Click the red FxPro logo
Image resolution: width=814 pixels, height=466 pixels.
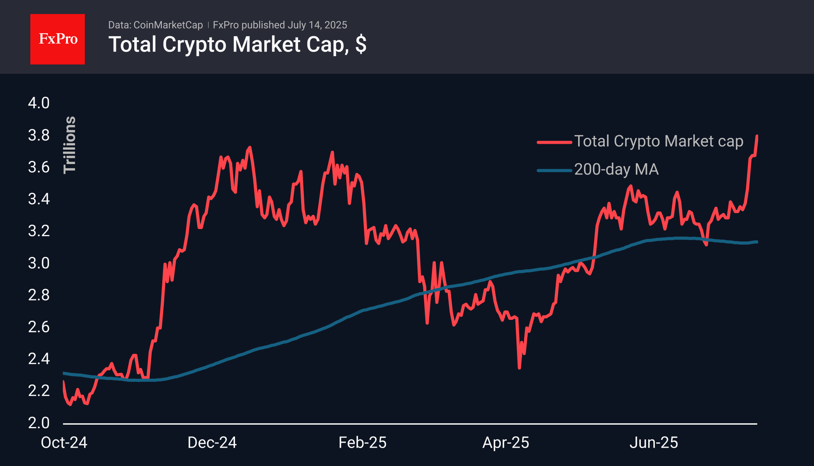(58, 39)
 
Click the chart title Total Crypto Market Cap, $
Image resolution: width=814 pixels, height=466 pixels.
(237, 44)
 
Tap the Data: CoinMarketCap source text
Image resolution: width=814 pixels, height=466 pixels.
(156, 25)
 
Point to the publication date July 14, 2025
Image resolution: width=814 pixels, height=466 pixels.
(317, 25)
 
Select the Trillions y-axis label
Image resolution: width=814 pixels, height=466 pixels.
(70, 145)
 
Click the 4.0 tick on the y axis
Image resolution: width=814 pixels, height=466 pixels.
(39, 103)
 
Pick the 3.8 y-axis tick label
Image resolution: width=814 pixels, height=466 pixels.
(39, 135)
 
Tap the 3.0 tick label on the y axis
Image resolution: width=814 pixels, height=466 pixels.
(39, 263)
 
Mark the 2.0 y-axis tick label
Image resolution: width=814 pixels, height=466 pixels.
(39, 423)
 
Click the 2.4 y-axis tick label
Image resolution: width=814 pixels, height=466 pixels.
(39, 359)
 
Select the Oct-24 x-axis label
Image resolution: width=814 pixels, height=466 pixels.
(64, 443)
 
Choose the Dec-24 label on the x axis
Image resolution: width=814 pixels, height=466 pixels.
(212, 443)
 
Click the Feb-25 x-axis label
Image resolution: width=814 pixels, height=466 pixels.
(362, 443)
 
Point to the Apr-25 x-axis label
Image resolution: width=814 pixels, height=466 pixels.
(506, 443)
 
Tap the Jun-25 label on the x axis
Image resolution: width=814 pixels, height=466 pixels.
(654, 443)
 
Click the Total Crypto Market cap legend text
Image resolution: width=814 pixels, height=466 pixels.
(659, 141)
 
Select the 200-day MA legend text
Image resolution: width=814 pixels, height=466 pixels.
(616, 169)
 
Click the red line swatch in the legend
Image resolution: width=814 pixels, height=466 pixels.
(554, 142)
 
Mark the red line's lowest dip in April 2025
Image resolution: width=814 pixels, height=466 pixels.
(519, 367)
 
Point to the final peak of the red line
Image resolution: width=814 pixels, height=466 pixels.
(757, 136)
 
